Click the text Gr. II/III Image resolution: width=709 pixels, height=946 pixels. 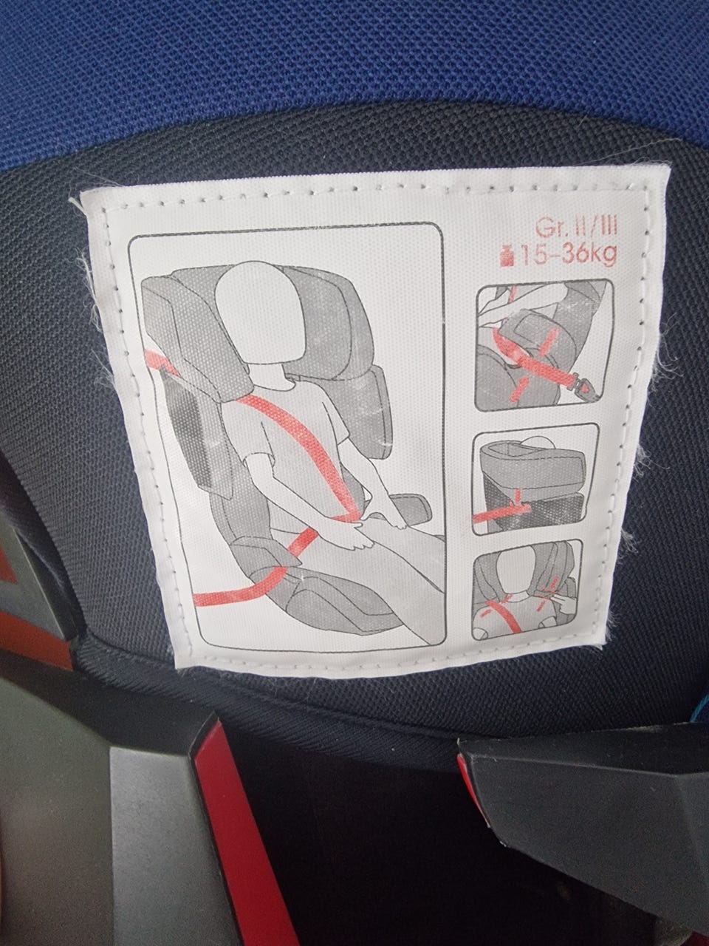point(576,227)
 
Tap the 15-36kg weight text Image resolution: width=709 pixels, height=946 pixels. point(569,255)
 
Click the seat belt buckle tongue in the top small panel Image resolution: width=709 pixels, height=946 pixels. point(583,390)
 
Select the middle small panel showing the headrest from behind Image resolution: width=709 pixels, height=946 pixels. point(535,478)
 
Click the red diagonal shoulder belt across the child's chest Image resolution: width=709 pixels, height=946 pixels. point(301,448)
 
